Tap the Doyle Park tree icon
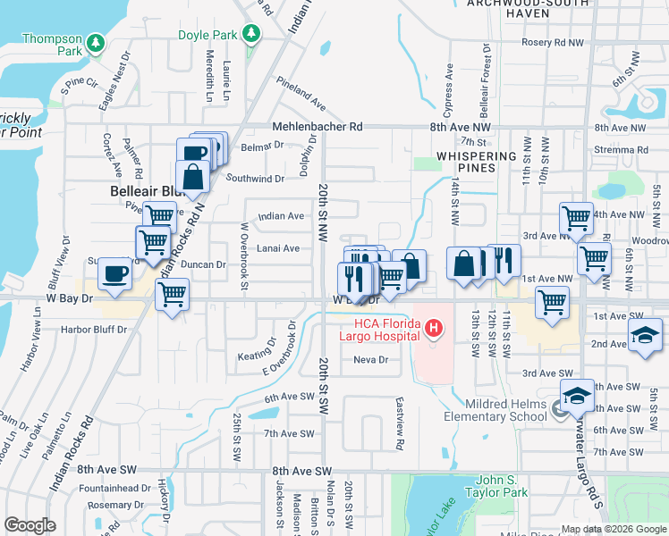coord(253,34)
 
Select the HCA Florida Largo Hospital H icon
coord(434,330)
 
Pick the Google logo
coord(30,525)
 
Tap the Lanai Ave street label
coord(279,248)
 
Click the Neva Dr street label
coord(370,360)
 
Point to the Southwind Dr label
coord(255,178)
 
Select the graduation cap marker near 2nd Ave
coord(644,336)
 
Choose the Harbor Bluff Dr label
coord(95,329)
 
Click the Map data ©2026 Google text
coord(613,529)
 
